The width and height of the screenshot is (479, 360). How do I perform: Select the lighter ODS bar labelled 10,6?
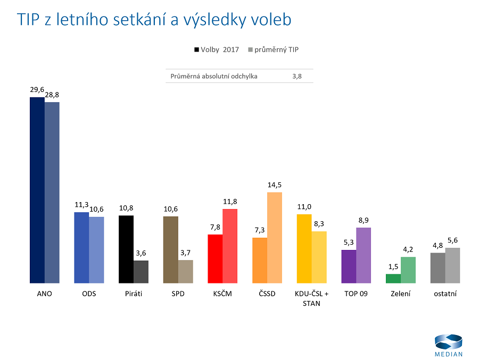tap(96, 249)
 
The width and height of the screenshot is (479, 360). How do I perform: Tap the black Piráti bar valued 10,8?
tap(126, 249)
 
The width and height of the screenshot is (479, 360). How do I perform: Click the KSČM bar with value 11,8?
tap(230, 246)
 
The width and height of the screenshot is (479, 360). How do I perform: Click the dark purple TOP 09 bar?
tap(349, 266)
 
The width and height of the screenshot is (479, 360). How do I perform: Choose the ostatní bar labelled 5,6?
tap(452, 265)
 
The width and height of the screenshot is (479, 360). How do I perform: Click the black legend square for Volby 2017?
tap(196, 50)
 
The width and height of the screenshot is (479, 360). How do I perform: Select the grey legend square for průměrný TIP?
tap(250, 50)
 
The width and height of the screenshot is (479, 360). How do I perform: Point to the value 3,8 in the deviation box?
tap(297, 76)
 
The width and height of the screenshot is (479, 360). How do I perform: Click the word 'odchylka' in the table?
tap(243, 76)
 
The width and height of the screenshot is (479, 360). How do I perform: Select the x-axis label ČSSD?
tap(267, 294)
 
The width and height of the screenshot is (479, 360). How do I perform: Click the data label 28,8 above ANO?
tap(52, 95)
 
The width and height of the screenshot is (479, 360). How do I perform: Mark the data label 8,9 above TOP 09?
tap(364, 220)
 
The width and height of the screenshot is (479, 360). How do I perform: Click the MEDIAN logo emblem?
tap(448, 342)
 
